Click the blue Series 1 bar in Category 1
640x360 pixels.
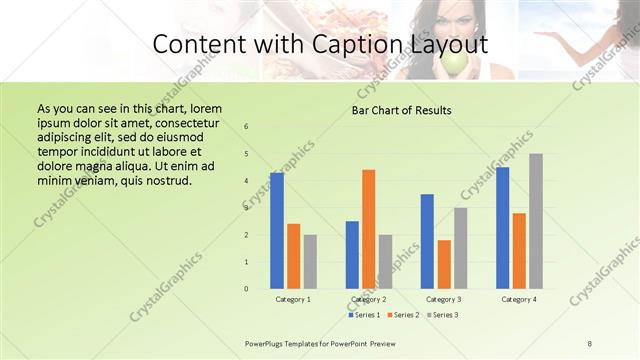point(277,231)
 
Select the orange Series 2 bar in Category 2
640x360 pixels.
point(369,229)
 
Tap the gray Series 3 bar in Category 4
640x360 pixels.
point(536,221)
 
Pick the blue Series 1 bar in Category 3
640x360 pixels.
point(427,241)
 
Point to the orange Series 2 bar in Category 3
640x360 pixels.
point(444,264)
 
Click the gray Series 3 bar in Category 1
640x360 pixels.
point(310,262)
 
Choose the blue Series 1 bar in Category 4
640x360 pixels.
point(503,228)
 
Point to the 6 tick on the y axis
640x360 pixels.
point(246,127)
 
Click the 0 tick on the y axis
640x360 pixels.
point(246,289)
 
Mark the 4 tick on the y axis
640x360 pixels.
point(246,181)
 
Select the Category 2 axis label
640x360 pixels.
point(369,299)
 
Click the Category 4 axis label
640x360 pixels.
point(519,299)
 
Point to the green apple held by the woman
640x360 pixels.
point(454,63)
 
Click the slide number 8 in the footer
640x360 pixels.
point(589,343)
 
